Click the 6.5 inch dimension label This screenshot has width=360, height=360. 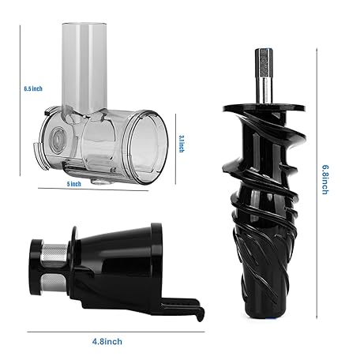pos(33,88)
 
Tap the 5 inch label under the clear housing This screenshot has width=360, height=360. pos(74,184)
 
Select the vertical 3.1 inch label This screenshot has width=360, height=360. pos(182,144)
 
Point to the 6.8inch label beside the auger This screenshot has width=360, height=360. pos(325,180)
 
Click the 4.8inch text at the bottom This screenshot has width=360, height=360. pos(107,342)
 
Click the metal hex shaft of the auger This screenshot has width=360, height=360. pos(264,76)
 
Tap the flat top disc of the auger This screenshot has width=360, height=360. pos(264,108)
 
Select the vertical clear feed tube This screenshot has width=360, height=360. pos(84,69)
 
